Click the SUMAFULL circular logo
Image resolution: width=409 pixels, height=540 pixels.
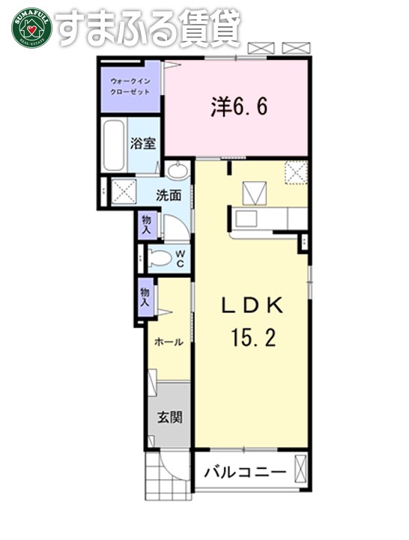tap(31, 27)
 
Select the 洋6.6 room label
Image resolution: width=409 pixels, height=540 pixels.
tap(238, 106)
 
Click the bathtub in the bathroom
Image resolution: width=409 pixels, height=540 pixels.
tap(115, 145)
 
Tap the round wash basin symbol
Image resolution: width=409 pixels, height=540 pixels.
tap(178, 172)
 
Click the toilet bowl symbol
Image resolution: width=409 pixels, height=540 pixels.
tap(160, 259)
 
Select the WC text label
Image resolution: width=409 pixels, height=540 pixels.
tap(181, 258)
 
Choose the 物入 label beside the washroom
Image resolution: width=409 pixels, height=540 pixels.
tap(145, 224)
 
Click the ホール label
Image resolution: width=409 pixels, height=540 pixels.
tap(169, 342)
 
